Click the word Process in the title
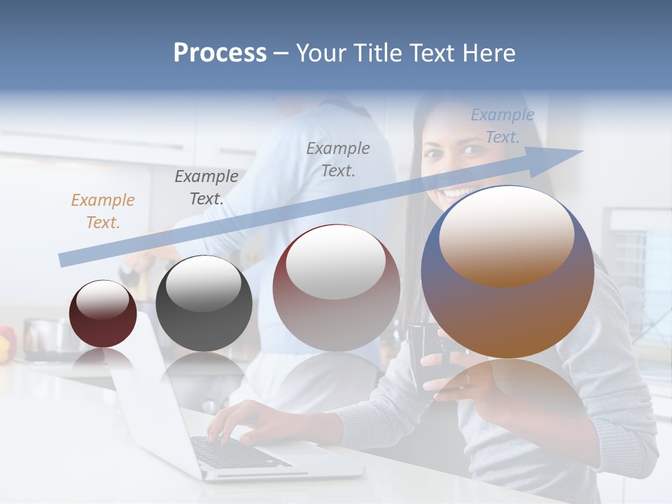tap(220, 53)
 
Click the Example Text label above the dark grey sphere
tap(206, 188)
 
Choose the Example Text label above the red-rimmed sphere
tap(338, 159)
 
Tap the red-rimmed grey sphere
tap(336, 288)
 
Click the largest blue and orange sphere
tap(507, 273)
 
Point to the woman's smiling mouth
tap(458, 191)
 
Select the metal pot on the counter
tap(42, 336)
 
